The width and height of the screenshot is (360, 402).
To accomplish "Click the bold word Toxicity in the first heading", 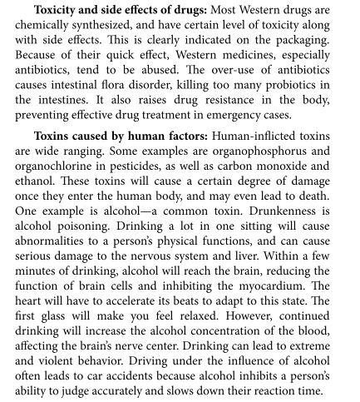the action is (x=61, y=14).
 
